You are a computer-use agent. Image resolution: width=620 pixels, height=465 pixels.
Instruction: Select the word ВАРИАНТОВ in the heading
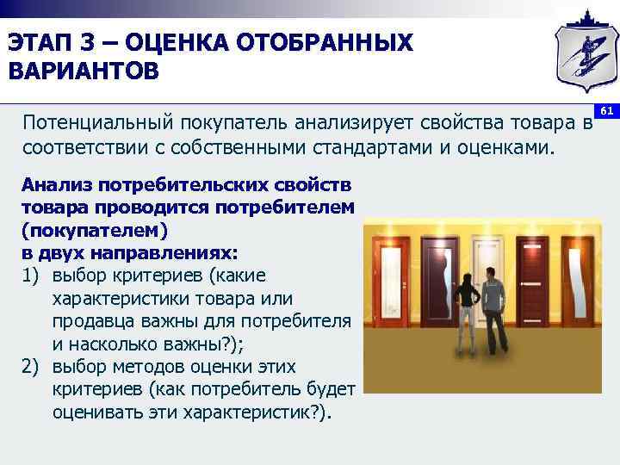tap(84, 70)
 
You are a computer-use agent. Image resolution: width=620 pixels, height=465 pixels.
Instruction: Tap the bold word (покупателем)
tap(96, 232)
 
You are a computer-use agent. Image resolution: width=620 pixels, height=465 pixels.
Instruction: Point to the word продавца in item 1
tap(102, 320)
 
